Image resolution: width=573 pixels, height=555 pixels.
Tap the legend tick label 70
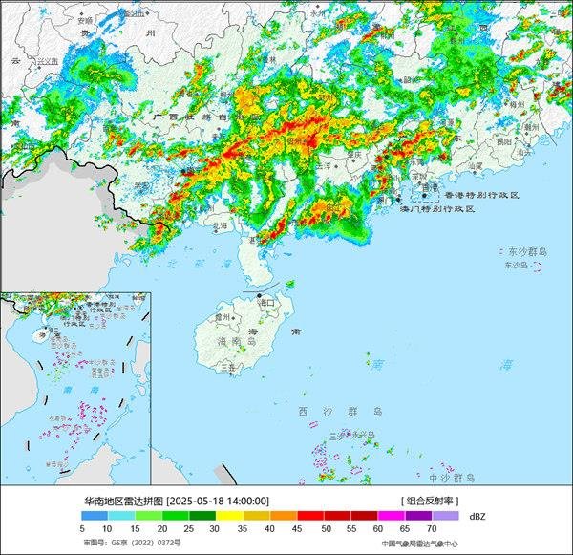click(433, 528)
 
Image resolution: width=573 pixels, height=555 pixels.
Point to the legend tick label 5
click(83, 528)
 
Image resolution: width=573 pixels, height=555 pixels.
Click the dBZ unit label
click(477, 516)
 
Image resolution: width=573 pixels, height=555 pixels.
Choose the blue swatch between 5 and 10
click(96, 516)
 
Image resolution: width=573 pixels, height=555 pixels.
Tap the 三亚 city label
click(226, 366)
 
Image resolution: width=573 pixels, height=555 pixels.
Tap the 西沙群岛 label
click(339, 411)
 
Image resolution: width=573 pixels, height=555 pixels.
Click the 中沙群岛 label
click(452, 477)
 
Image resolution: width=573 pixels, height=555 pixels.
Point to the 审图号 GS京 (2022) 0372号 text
click(124, 543)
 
